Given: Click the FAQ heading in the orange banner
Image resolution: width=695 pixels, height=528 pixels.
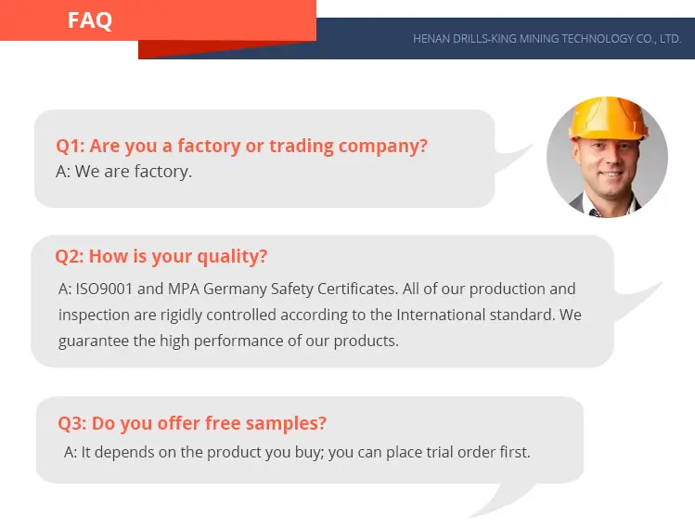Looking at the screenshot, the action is pos(89,20).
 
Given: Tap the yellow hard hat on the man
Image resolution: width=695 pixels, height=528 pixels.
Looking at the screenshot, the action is pos(607,119).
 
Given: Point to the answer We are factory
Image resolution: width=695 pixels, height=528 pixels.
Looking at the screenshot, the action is pos(124,172).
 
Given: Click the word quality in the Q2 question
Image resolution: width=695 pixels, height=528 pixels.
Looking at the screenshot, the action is pos(232,257).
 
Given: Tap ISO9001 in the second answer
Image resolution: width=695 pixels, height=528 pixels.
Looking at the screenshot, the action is pos(104,289).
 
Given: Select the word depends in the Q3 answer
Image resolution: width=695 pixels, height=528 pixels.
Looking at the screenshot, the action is pos(129,453).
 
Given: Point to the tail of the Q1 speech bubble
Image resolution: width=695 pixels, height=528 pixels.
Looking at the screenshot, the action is pos(512,158).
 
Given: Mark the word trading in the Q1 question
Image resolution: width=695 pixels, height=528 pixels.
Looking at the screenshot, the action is pos(302,146).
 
